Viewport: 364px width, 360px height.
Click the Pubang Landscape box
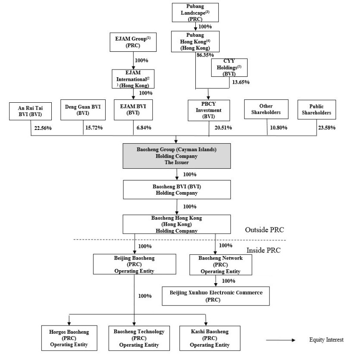pyautogui.click(x=195, y=13)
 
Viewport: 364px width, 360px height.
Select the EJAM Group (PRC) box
pyautogui.click(x=133, y=41)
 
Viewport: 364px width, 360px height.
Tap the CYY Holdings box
pyautogui.click(x=229, y=68)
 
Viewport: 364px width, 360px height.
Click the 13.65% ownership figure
pyautogui.click(x=241, y=82)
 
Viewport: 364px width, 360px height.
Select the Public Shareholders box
pyautogui.click(x=317, y=109)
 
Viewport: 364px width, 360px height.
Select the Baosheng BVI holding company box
pyautogui.click(x=177, y=189)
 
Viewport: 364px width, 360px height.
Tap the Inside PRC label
pyautogui.click(x=264, y=250)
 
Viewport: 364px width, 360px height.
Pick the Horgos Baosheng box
pyautogui.click(x=69, y=338)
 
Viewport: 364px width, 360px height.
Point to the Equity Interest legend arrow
pyautogui.click(x=280, y=340)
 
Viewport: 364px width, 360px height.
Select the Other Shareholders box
pyautogui.click(x=266, y=109)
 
